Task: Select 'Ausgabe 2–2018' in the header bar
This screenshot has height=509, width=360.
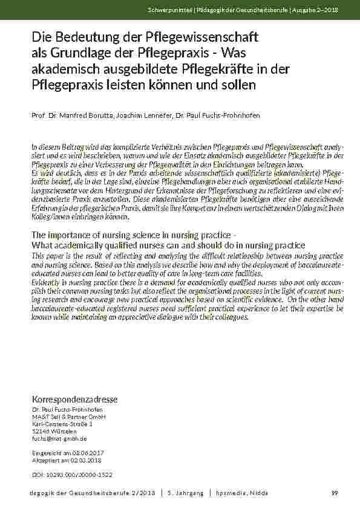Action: pos(316,10)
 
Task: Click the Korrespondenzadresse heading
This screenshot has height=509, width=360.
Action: pos(74,400)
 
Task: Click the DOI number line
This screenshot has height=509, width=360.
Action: pos(71,475)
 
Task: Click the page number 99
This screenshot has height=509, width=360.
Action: pos(335,494)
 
